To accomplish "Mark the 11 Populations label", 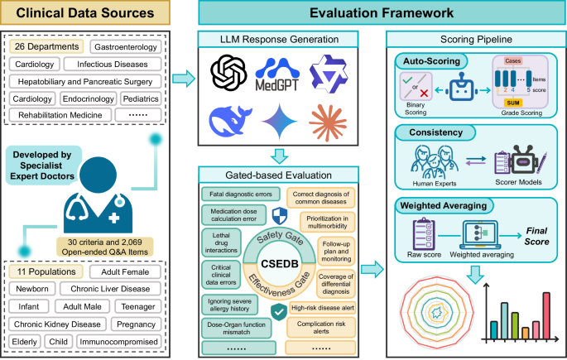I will coord(45,272).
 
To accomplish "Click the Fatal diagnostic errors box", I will coord(235,194).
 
